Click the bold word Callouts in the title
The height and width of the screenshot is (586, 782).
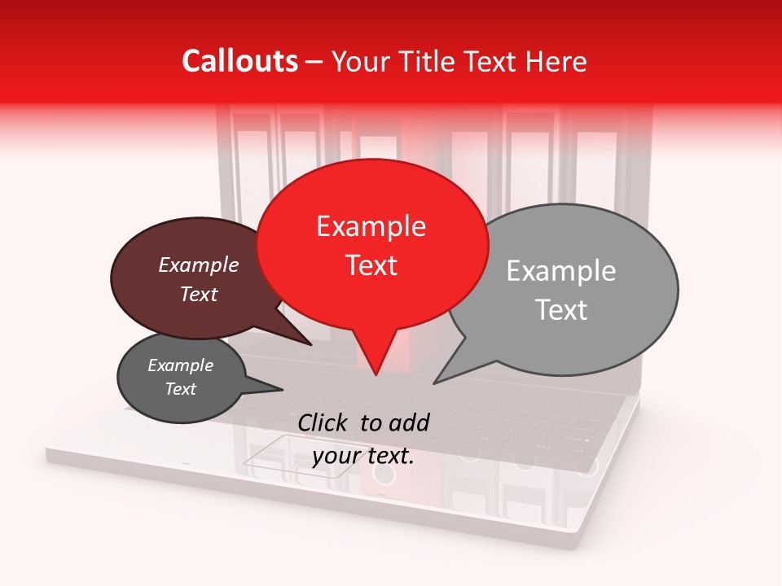(239, 61)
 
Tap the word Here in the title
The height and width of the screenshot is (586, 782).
(556, 61)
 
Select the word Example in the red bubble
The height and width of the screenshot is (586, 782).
(371, 226)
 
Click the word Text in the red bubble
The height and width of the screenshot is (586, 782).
(371, 265)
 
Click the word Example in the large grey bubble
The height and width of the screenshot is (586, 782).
(560, 271)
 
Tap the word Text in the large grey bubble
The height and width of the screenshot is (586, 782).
(560, 310)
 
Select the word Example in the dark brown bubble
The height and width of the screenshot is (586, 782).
(198, 265)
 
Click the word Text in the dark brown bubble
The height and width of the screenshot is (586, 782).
(198, 295)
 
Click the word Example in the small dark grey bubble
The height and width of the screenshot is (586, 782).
(180, 365)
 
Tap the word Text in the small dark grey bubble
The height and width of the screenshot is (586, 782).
(180, 389)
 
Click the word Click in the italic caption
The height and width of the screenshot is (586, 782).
(324, 422)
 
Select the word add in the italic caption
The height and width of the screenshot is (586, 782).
(409, 422)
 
